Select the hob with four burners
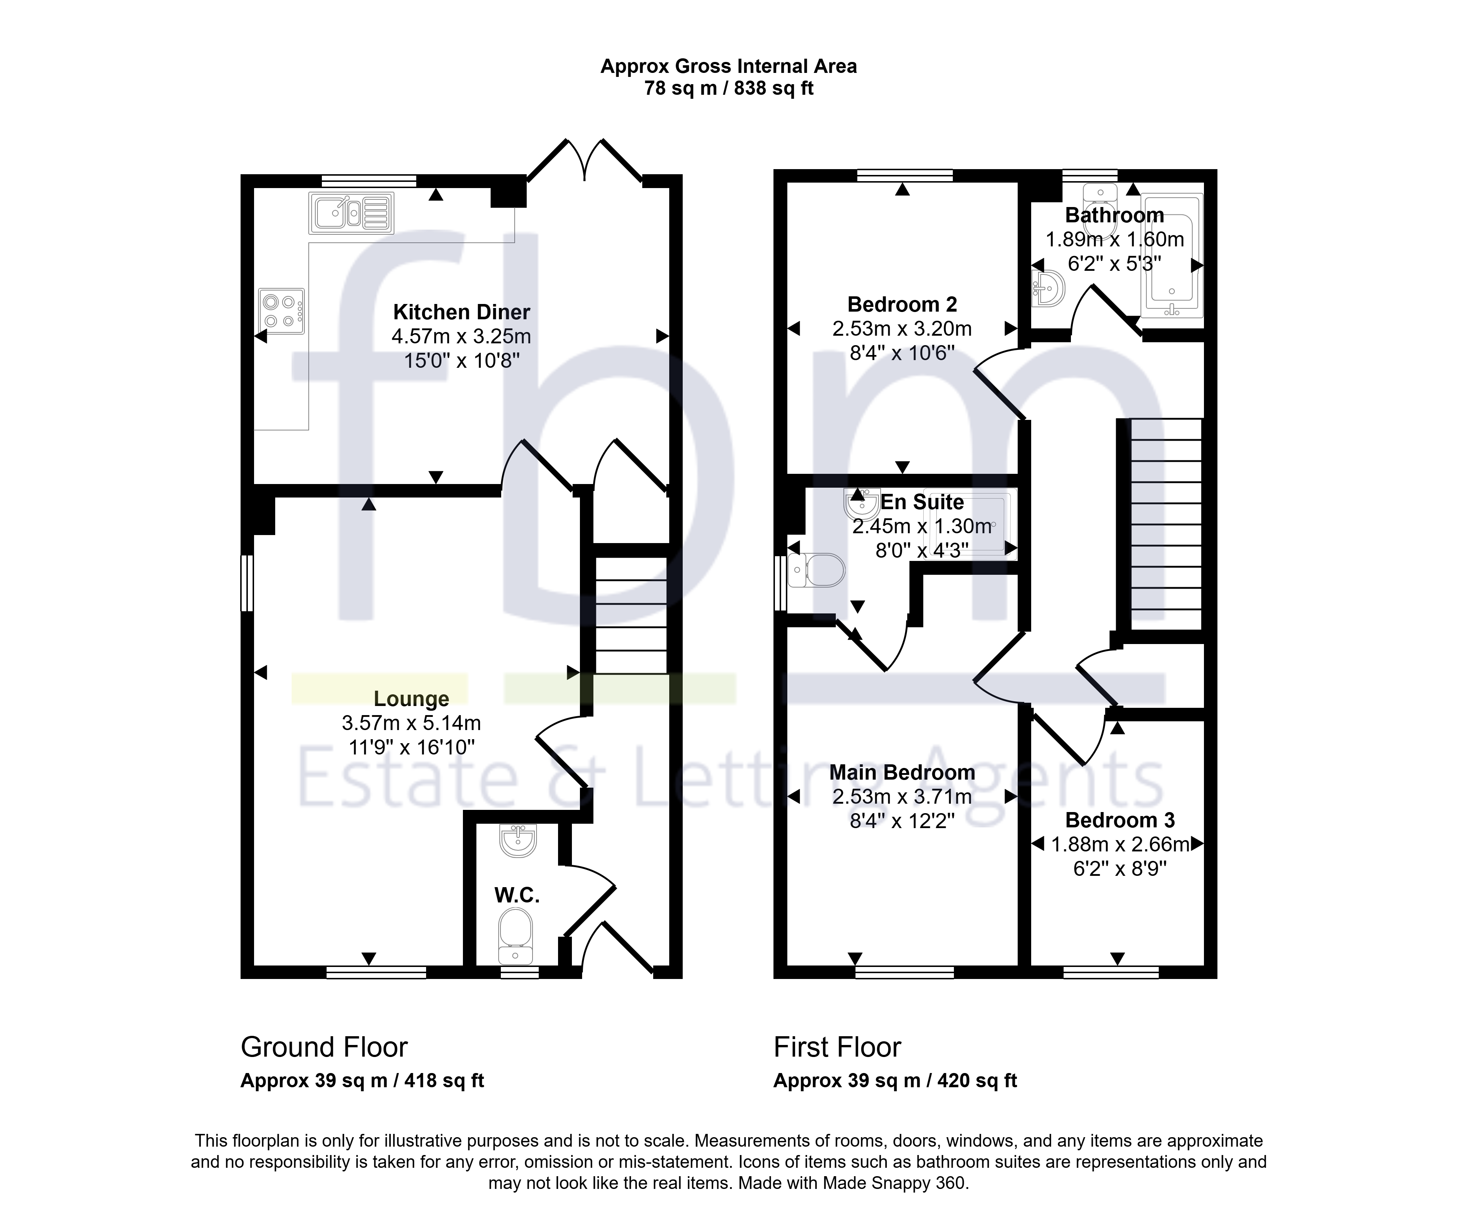pyautogui.click(x=281, y=311)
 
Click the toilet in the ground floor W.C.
pyautogui.click(x=516, y=937)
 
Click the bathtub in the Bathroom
pyautogui.click(x=1172, y=255)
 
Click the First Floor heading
pyautogui.click(x=837, y=1047)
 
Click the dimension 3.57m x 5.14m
pyautogui.click(x=411, y=723)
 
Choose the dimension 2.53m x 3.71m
pyautogui.click(x=902, y=797)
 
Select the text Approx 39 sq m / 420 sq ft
pyautogui.click(x=895, y=1081)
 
